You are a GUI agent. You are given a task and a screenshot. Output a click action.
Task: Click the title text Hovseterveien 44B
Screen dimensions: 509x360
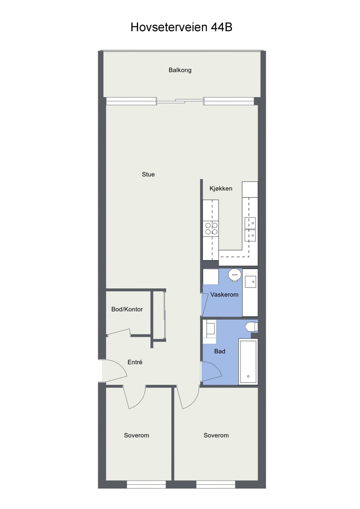tap(181, 27)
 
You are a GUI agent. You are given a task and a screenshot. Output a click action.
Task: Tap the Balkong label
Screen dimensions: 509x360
tap(180, 70)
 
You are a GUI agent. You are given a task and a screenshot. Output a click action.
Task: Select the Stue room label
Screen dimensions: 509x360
tap(148, 174)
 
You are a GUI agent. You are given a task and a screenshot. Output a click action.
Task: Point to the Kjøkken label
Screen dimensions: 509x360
tap(221, 189)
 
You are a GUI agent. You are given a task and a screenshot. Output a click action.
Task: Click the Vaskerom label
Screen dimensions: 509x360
tap(224, 295)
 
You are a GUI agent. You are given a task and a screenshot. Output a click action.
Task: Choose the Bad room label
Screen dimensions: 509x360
tap(220, 351)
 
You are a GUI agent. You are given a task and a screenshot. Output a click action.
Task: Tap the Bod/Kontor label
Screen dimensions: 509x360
tap(127, 309)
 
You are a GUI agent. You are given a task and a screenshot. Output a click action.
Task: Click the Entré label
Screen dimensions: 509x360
tap(135, 362)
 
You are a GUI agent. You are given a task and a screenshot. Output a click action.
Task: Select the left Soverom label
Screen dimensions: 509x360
tap(136, 435)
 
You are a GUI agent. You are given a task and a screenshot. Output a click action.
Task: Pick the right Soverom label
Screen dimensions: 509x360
tap(216, 435)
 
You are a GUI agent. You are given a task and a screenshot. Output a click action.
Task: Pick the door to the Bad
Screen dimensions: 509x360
tap(211, 372)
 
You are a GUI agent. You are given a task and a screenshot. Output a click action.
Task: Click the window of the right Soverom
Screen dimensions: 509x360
tap(216, 484)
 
